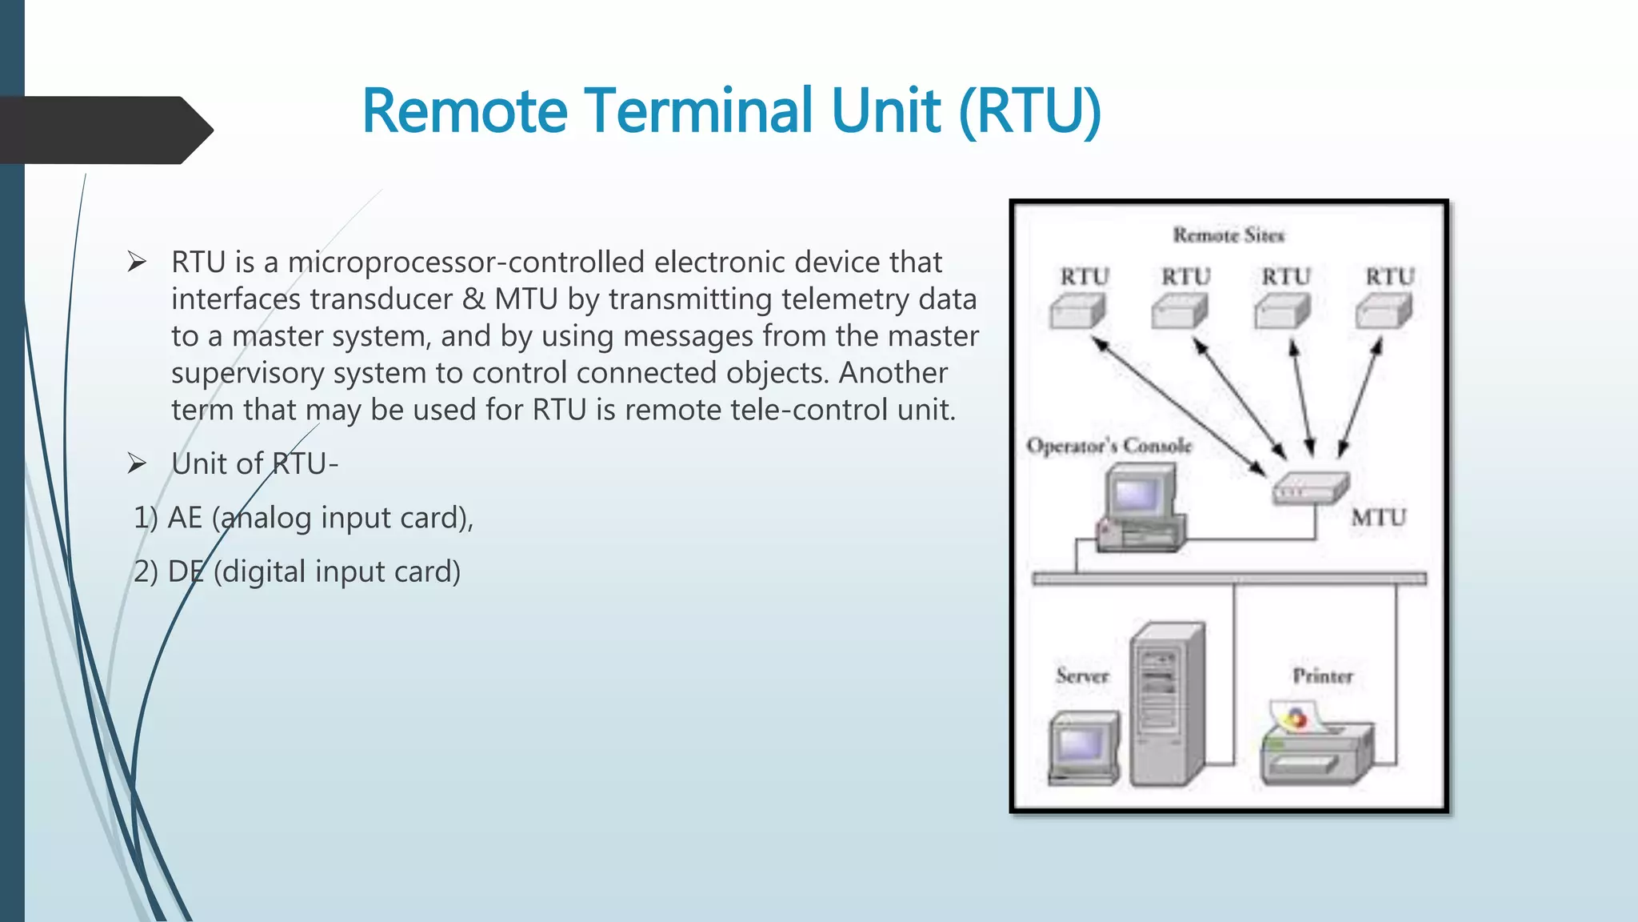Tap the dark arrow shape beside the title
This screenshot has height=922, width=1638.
[104, 130]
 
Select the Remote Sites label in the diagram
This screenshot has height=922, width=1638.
[1228, 235]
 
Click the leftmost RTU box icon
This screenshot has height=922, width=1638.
[1077, 311]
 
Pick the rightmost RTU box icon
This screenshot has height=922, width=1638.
[1384, 311]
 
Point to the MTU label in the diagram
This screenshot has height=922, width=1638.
[1378, 518]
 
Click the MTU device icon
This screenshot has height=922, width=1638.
[1310, 487]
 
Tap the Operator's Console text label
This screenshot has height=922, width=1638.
[1109, 446]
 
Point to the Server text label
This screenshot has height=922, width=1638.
[1082, 676]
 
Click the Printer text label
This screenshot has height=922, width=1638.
[1323, 676]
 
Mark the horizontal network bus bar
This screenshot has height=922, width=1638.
[1228, 579]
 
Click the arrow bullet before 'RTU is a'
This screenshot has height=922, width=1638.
[137, 262]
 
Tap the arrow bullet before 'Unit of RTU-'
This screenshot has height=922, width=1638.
[137, 463]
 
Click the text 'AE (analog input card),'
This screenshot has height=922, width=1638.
[320, 518]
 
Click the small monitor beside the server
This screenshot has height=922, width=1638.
[1084, 747]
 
